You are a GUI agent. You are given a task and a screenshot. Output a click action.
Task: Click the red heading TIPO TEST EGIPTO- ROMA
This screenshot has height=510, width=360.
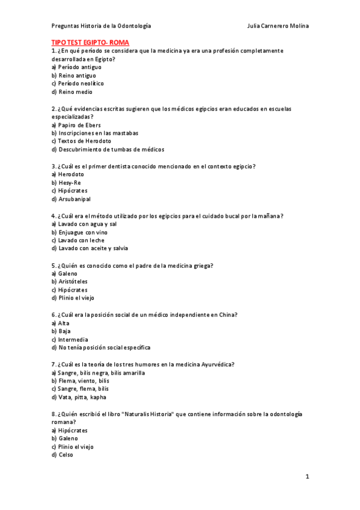[90, 43]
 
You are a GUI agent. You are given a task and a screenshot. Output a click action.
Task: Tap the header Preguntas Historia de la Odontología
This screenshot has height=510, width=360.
[101, 26]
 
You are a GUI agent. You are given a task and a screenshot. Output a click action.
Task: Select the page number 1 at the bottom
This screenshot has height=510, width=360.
[307, 476]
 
